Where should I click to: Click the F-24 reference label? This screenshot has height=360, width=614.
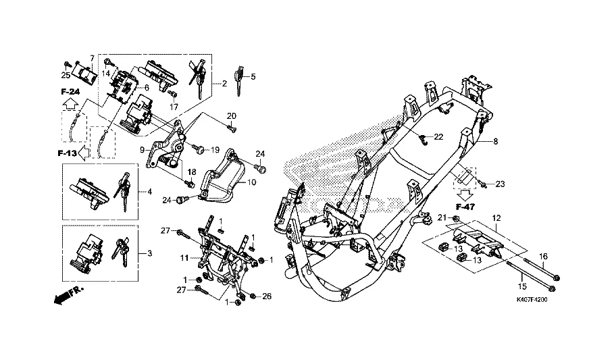[70, 91]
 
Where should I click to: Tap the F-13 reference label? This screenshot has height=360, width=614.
[67, 154]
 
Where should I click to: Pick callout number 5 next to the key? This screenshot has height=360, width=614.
[253, 77]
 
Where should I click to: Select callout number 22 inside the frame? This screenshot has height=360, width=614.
[438, 136]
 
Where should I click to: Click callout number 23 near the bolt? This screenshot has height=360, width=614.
[500, 184]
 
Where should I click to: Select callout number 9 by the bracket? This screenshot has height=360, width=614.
[142, 150]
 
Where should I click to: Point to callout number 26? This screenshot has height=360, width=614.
[266, 296]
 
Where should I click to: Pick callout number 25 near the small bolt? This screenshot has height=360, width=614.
[66, 74]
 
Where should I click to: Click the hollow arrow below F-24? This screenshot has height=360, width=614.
[70, 103]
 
